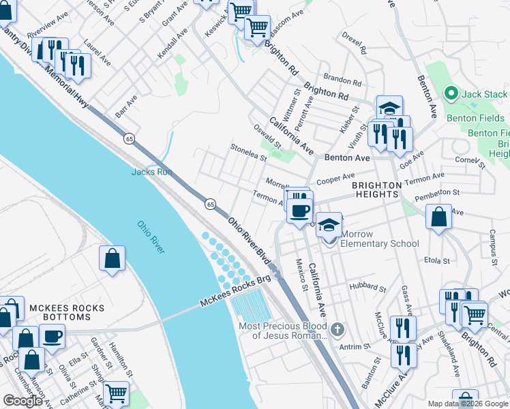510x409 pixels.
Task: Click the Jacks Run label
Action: pyautogui.click(x=150, y=172)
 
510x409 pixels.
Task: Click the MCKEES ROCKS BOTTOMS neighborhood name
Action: pyautogui.click(x=67, y=313)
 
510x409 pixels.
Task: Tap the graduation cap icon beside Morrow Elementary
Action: pyautogui.click(x=329, y=225)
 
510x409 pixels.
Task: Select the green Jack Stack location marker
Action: pyautogui.click(x=450, y=93)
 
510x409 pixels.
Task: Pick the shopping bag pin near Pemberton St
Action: pyautogui.click(x=440, y=217)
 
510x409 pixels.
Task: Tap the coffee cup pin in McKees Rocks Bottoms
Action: pyautogui.click(x=52, y=336)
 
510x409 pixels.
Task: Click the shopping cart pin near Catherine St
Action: pyautogui.click(x=116, y=393)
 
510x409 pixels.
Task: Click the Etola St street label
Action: pyautogui.click(x=437, y=260)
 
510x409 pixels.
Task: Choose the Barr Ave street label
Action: pyautogui.click(x=126, y=106)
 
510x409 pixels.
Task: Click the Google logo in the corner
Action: pyautogui.click(x=22, y=401)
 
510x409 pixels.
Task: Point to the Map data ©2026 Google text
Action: pyautogui.click(x=468, y=403)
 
